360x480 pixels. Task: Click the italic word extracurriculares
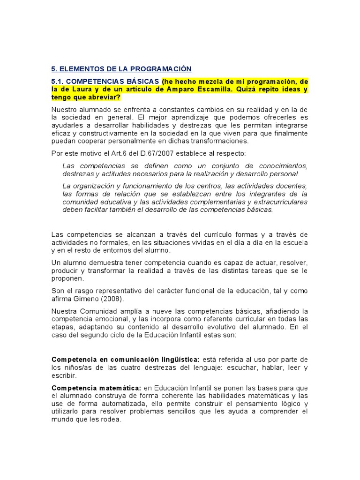(277, 202)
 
